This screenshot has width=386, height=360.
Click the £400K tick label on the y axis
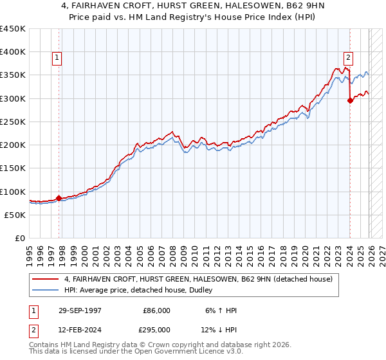(x=13, y=52)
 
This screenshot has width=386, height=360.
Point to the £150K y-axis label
(x=13, y=168)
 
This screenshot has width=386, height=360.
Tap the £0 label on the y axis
(x=19, y=238)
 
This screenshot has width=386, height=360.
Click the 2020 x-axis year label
(x=308, y=251)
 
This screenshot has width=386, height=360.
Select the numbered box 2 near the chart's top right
(x=348, y=56)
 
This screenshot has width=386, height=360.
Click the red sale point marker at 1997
(x=59, y=198)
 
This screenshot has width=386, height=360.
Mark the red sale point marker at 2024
(x=350, y=100)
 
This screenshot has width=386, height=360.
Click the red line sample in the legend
(x=46, y=279)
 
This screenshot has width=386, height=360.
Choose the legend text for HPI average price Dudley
(x=142, y=290)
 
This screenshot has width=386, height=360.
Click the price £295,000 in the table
(x=156, y=329)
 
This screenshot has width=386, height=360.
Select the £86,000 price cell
(x=156, y=310)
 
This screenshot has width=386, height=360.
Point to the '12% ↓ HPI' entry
(x=219, y=329)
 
